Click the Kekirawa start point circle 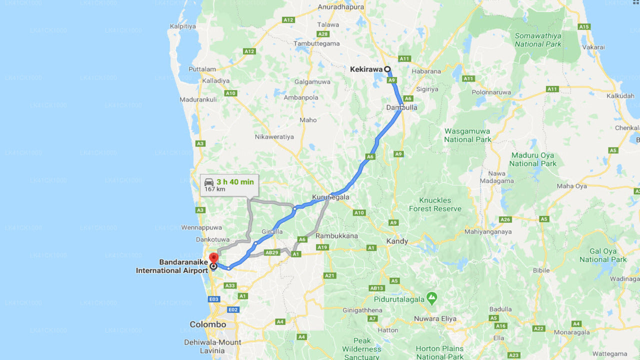[x=387, y=69]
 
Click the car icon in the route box [x=209, y=182]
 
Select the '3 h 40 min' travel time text [x=235, y=182]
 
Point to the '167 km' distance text [x=214, y=189]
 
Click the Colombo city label [x=207, y=324]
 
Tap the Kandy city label [x=397, y=241]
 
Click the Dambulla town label [x=401, y=107]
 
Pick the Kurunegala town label [x=330, y=197]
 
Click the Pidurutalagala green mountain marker [x=432, y=298]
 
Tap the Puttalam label [x=202, y=69]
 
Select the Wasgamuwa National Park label [x=467, y=135]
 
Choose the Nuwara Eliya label [x=435, y=318]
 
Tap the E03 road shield [x=214, y=299]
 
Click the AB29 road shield [x=271, y=252]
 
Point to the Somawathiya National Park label [x=537, y=40]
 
